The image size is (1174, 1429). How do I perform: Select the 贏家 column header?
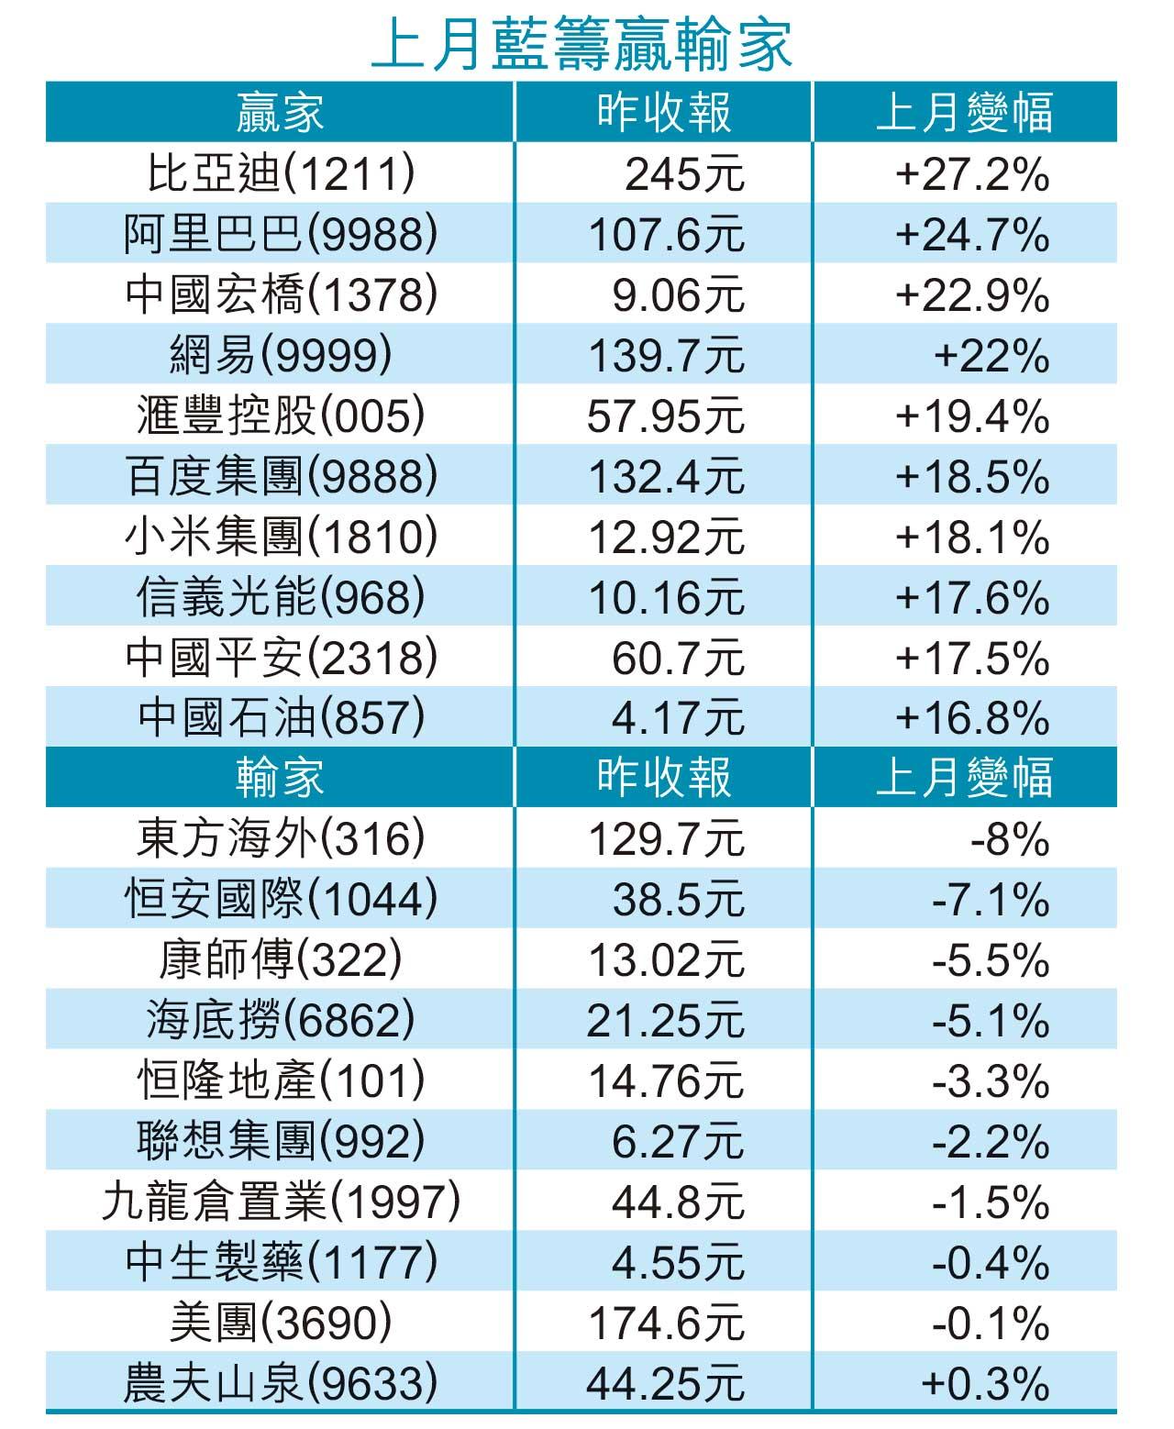coord(280,113)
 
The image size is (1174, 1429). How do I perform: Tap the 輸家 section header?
coord(280,777)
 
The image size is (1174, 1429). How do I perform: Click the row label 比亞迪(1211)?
coord(280,173)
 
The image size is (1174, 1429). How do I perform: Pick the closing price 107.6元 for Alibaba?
coord(666,235)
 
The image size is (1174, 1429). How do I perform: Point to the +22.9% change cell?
coord(972,295)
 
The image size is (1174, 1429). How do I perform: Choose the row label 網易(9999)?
coord(280,356)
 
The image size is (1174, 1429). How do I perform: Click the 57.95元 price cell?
coord(666,416)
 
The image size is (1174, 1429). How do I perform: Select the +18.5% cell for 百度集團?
coord(972,477)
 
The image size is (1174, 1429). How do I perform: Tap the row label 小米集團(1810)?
coord(280,537)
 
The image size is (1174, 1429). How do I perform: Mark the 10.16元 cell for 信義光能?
coord(666,598)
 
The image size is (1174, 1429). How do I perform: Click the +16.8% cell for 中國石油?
coord(972,718)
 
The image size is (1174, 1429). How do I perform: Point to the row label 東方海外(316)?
coord(280,838)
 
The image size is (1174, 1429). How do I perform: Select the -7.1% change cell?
coord(991,899)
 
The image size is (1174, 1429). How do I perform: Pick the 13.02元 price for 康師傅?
coord(666,960)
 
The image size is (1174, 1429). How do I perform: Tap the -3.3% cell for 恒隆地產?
coord(991,1081)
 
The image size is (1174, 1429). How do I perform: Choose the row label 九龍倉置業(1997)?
coord(280,1202)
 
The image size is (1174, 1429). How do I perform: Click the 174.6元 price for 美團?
coord(666,1324)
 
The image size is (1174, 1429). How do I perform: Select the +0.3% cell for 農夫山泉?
coord(985,1383)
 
